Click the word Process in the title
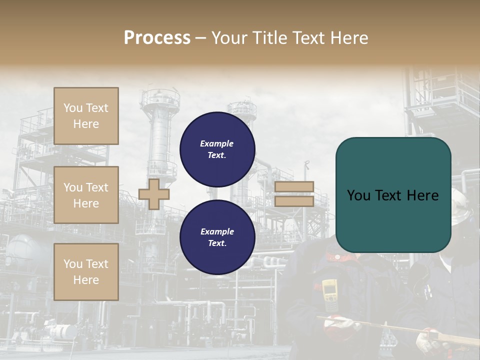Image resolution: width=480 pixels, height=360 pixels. pyautogui.click(x=157, y=38)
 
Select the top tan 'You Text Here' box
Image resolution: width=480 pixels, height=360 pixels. pyautogui.click(x=86, y=116)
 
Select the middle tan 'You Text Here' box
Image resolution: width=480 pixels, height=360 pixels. pyautogui.click(x=86, y=195)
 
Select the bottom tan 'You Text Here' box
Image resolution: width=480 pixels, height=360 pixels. pyautogui.click(x=86, y=271)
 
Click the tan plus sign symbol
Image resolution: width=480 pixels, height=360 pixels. pyautogui.click(x=154, y=194)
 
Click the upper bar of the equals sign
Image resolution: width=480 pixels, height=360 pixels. pyautogui.click(x=294, y=186)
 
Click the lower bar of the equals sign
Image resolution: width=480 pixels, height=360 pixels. pyautogui.click(x=294, y=201)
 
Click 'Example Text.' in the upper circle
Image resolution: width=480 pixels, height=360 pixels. pyautogui.click(x=217, y=149)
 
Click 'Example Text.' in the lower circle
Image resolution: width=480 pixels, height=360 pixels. pyautogui.click(x=217, y=237)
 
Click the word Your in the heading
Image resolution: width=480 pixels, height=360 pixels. pyautogui.click(x=231, y=38)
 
